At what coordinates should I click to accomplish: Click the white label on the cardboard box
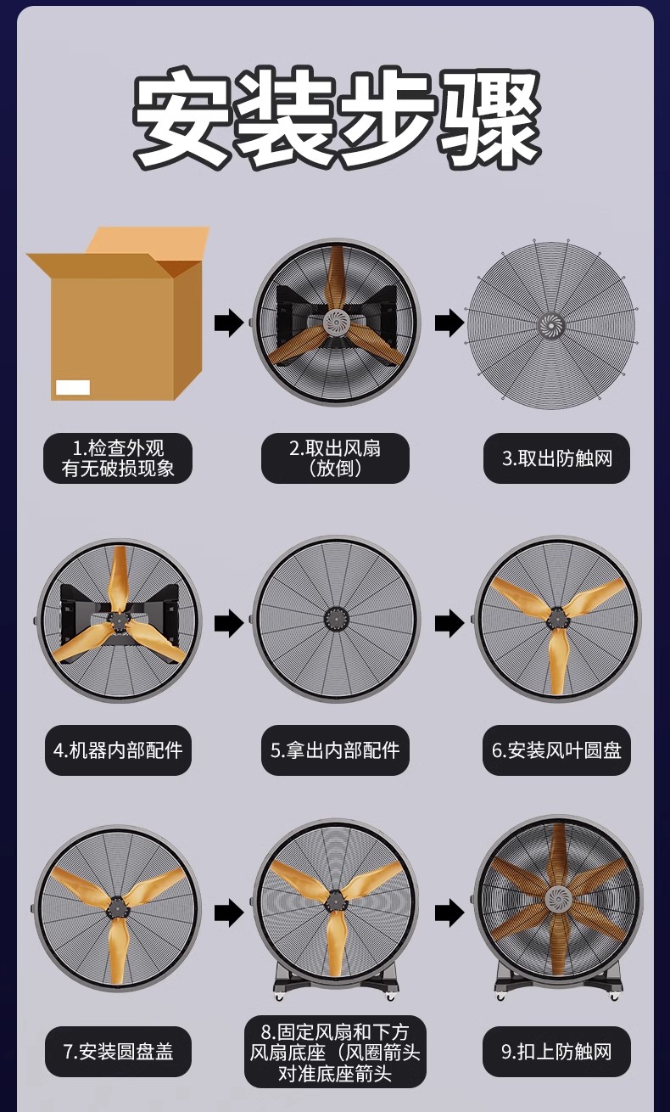pos(73,387)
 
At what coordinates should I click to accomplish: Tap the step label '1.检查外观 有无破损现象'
pos(118,458)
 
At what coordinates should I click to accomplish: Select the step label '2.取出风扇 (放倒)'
pos(335,458)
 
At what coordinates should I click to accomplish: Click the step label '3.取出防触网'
pos(556,458)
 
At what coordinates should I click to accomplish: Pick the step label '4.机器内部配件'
pos(118,750)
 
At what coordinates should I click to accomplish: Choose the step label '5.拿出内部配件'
pos(335,750)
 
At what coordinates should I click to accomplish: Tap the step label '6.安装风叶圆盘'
pos(556,750)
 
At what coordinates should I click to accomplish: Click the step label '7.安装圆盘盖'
pos(118,1052)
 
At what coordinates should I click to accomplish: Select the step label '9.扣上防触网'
pos(556,1052)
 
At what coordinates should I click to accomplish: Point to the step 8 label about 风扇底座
pos(335,1052)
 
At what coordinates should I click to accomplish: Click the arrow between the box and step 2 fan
pos(229,323)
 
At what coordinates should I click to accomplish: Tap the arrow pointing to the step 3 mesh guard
pos(449,323)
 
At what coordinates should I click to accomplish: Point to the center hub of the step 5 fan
pos(336,619)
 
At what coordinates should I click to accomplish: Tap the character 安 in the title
pos(182,116)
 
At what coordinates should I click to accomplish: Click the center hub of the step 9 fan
pos(558,899)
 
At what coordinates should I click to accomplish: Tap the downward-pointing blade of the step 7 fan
pos(117,954)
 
